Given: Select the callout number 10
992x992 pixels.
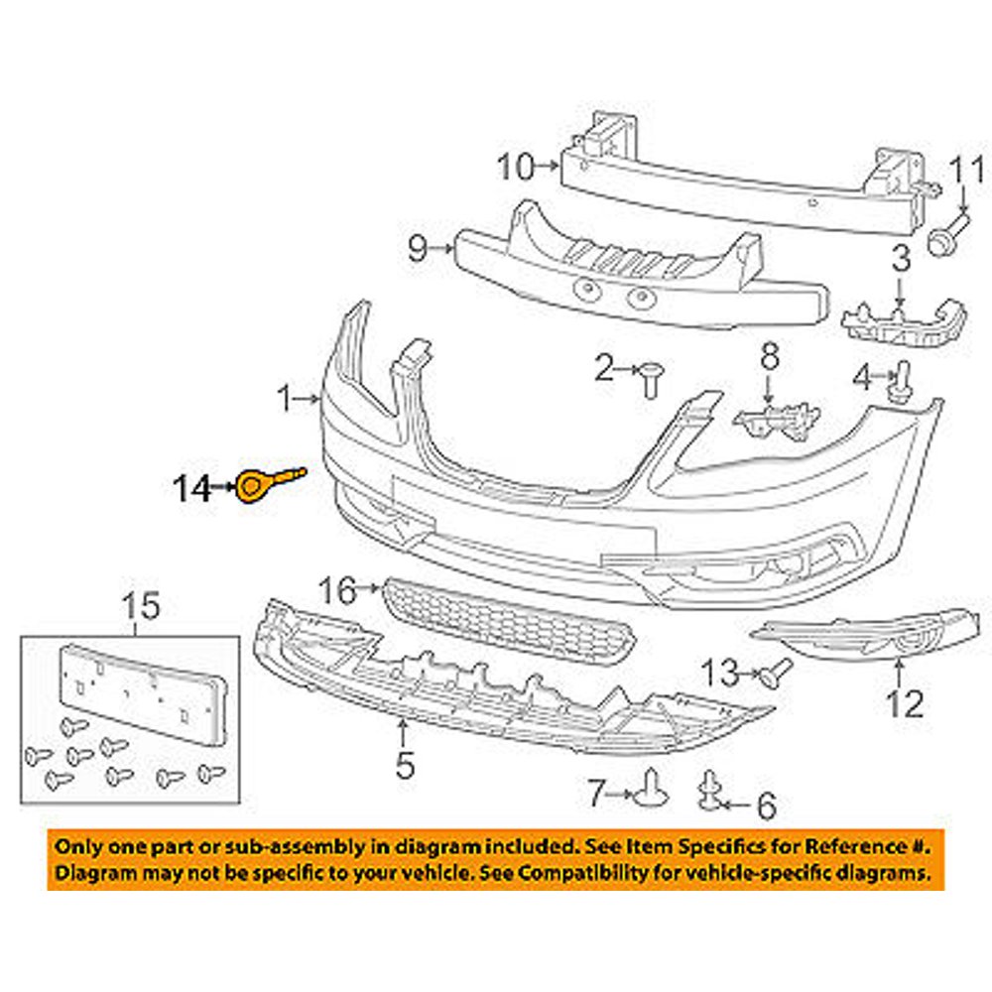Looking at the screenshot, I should (516, 167).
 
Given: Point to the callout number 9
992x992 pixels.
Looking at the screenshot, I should (417, 246).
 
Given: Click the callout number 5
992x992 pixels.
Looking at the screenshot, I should (404, 765).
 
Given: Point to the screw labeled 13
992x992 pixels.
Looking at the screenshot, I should (777, 672).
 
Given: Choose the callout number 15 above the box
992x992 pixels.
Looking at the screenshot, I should (141, 604).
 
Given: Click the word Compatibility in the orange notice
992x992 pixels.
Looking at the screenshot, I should (625, 874).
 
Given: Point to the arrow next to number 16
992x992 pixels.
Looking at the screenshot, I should (372, 588).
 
